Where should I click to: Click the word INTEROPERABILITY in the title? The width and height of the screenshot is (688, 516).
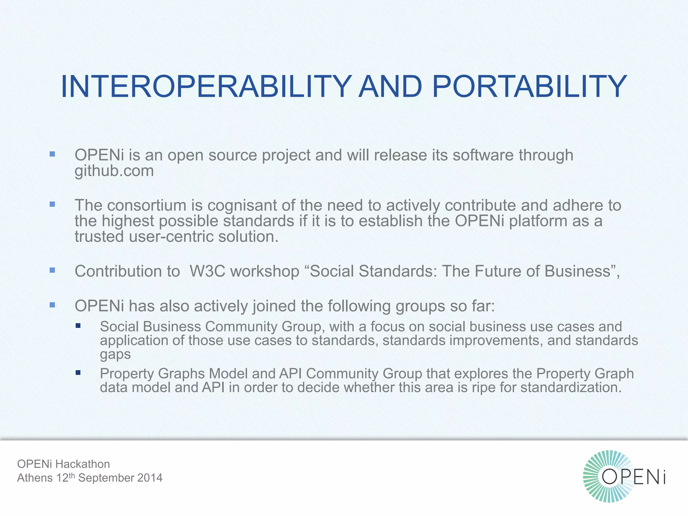click(206, 87)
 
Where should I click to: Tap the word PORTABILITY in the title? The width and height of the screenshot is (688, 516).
click(529, 87)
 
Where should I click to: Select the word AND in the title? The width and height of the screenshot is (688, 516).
click(390, 87)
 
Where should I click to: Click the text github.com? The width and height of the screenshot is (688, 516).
click(114, 171)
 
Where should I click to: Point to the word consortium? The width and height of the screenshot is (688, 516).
click(146, 205)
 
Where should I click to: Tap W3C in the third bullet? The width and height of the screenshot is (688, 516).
click(207, 271)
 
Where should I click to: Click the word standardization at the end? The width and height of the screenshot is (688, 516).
click(569, 387)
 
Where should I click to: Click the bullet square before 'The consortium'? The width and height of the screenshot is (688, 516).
click(52, 204)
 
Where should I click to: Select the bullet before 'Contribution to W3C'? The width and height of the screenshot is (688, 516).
click(52, 270)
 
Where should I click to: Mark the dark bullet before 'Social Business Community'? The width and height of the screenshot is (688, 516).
click(78, 326)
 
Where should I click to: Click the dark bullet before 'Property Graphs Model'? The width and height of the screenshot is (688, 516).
click(78, 373)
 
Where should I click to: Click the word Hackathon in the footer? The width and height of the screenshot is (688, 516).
click(83, 464)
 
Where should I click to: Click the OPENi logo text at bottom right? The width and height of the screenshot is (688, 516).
click(633, 477)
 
